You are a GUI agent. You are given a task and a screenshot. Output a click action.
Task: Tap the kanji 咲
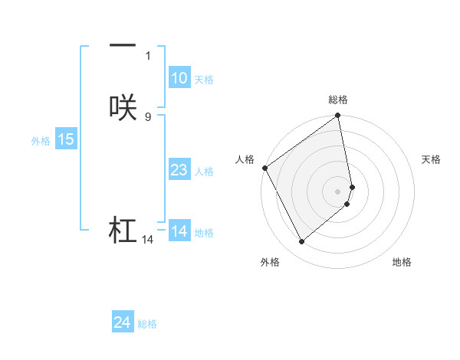tap(123, 108)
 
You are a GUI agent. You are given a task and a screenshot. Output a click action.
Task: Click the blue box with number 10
tap(179, 78)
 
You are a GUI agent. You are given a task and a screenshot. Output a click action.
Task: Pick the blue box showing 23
tap(179, 170)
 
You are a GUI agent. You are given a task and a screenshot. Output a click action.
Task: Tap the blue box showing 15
tap(65, 139)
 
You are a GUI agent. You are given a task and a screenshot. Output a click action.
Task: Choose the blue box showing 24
tap(122, 323)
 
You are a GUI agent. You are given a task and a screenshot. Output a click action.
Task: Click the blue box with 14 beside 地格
tap(179, 231)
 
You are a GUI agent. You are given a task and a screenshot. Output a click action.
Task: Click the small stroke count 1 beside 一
tap(147, 55)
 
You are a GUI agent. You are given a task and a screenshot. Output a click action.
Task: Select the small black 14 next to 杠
tap(147, 240)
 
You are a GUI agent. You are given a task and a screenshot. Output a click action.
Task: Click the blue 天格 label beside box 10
tap(204, 80)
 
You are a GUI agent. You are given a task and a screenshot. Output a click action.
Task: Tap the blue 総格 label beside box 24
tap(147, 325)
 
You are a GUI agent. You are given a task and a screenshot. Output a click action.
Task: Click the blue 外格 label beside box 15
tap(40, 141)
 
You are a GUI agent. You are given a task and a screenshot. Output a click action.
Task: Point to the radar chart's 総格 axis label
tap(338, 100)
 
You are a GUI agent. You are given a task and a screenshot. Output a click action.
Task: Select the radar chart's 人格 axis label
tap(245, 159)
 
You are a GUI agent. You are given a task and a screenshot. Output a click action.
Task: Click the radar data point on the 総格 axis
tap(338, 116)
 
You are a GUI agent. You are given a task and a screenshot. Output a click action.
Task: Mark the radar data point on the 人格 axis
tap(264, 168)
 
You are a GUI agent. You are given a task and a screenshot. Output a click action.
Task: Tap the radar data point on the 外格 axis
tap(301, 241)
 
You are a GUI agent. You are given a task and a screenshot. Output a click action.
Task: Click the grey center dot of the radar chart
tap(338, 191)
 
